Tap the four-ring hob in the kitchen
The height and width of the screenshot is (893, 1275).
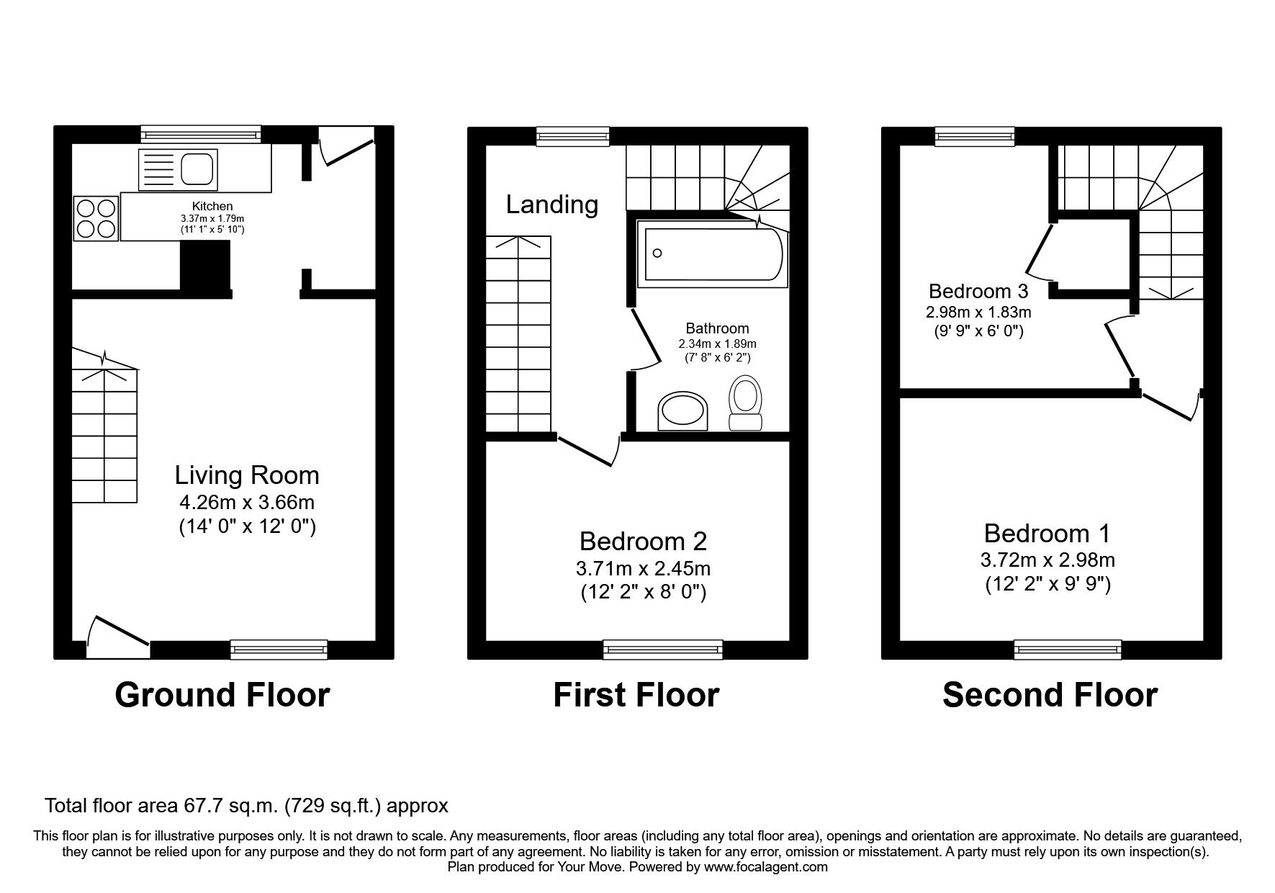tap(96, 218)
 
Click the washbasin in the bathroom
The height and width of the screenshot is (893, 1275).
tap(682, 412)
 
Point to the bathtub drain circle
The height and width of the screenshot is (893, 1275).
tap(657, 253)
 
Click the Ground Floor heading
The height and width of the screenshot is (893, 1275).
tap(222, 695)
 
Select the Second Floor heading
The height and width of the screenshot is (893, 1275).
tap(1050, 695)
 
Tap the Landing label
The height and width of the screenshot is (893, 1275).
tap(551, 205)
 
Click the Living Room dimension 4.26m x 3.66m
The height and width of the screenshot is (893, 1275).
tap(247, 502)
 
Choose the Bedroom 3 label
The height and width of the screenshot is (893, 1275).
tap(978, 291)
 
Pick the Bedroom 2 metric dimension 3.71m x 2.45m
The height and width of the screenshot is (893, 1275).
tap(643, 568)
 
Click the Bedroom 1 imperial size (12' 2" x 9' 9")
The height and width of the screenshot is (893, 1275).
tap(1048, 584)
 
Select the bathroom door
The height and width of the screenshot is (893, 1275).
tap(646, 339)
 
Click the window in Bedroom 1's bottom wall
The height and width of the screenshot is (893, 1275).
tap(1068, 650)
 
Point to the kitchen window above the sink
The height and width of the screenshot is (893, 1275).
tap(201, 134)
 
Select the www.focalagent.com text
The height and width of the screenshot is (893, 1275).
tap(766, 867)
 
